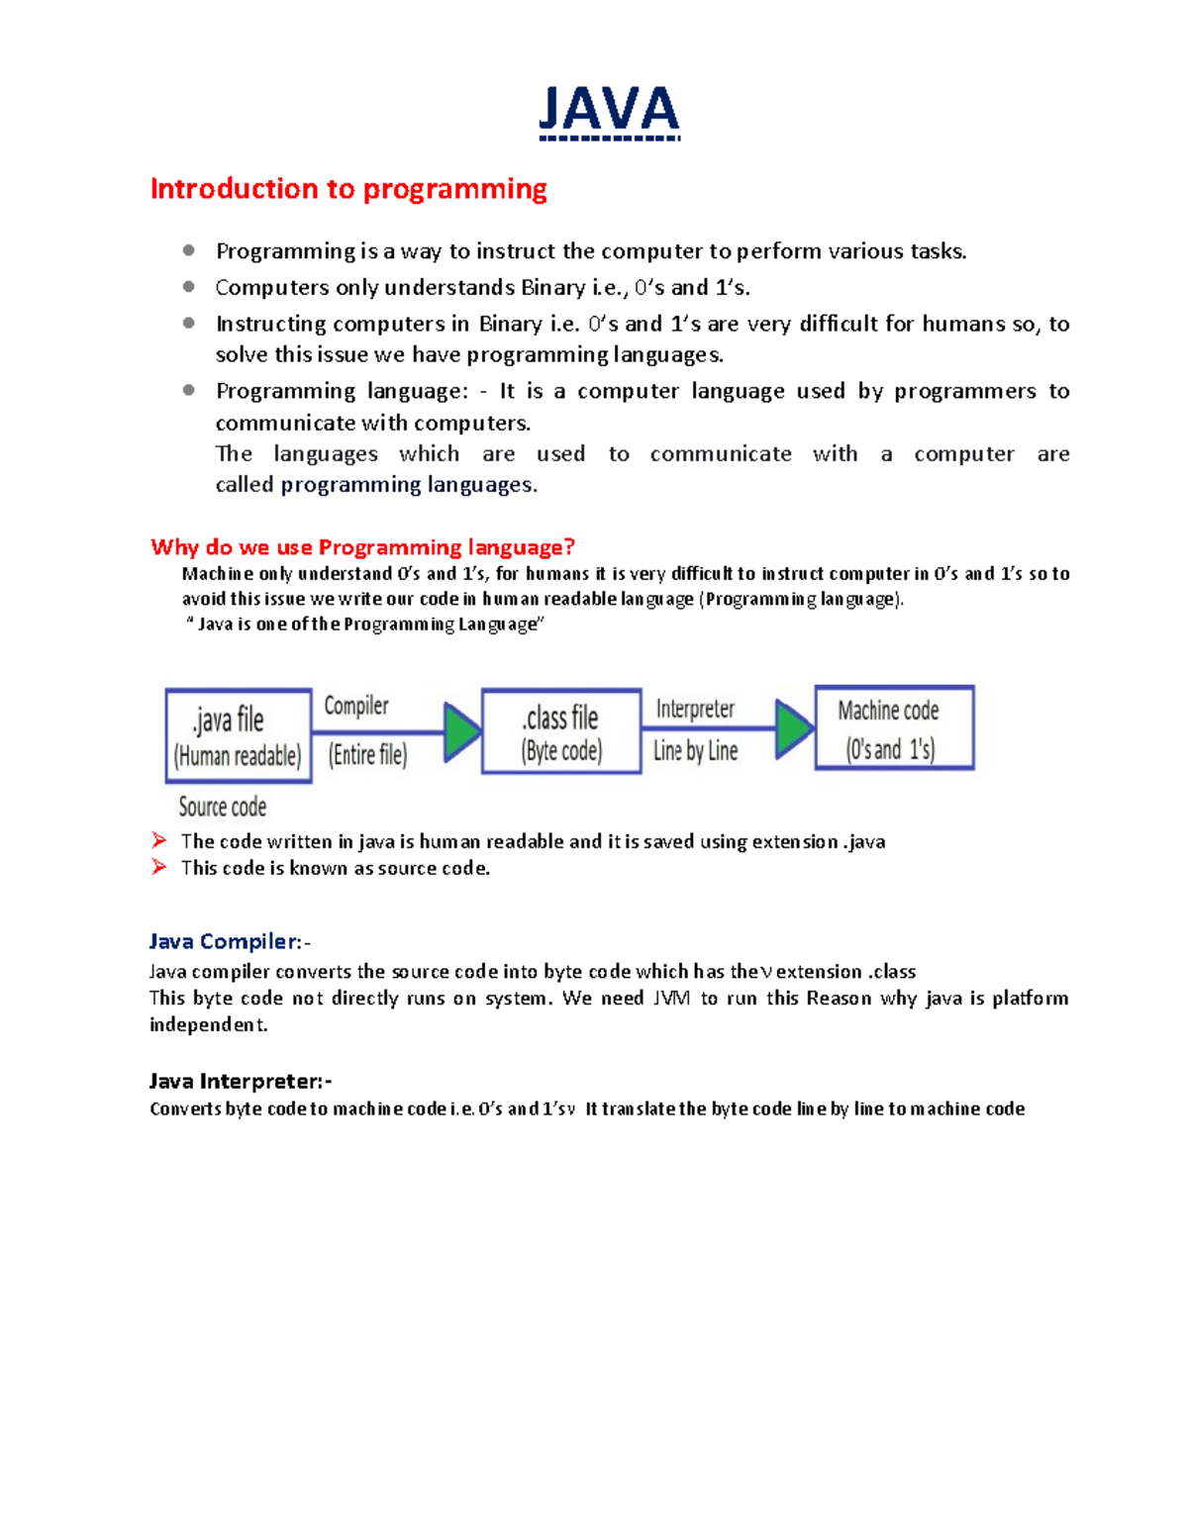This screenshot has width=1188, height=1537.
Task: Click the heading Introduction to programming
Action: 348,188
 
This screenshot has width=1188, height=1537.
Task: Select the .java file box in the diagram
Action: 239,735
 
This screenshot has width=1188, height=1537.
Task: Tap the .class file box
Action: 561,731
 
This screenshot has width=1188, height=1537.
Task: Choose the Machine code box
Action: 894,727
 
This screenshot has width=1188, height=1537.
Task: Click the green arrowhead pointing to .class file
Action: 461,732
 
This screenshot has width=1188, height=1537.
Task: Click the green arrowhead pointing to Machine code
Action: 793,728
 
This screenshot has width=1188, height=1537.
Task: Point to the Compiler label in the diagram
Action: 356,706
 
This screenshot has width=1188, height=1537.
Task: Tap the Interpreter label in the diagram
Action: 695,709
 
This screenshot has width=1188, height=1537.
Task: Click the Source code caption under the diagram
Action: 223,807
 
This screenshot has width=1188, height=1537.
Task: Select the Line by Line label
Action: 695,751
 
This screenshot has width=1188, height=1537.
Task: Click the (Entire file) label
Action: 367,755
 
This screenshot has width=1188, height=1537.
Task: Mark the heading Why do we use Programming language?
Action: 362,547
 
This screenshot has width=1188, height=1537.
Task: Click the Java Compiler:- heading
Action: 230,941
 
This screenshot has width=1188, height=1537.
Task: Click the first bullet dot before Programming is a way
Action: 188,250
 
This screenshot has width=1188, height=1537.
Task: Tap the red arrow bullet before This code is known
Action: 159,867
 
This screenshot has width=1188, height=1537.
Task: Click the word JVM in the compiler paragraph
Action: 671,998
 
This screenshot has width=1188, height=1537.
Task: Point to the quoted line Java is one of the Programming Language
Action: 365,624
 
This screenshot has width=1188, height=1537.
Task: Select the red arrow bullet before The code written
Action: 159,840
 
